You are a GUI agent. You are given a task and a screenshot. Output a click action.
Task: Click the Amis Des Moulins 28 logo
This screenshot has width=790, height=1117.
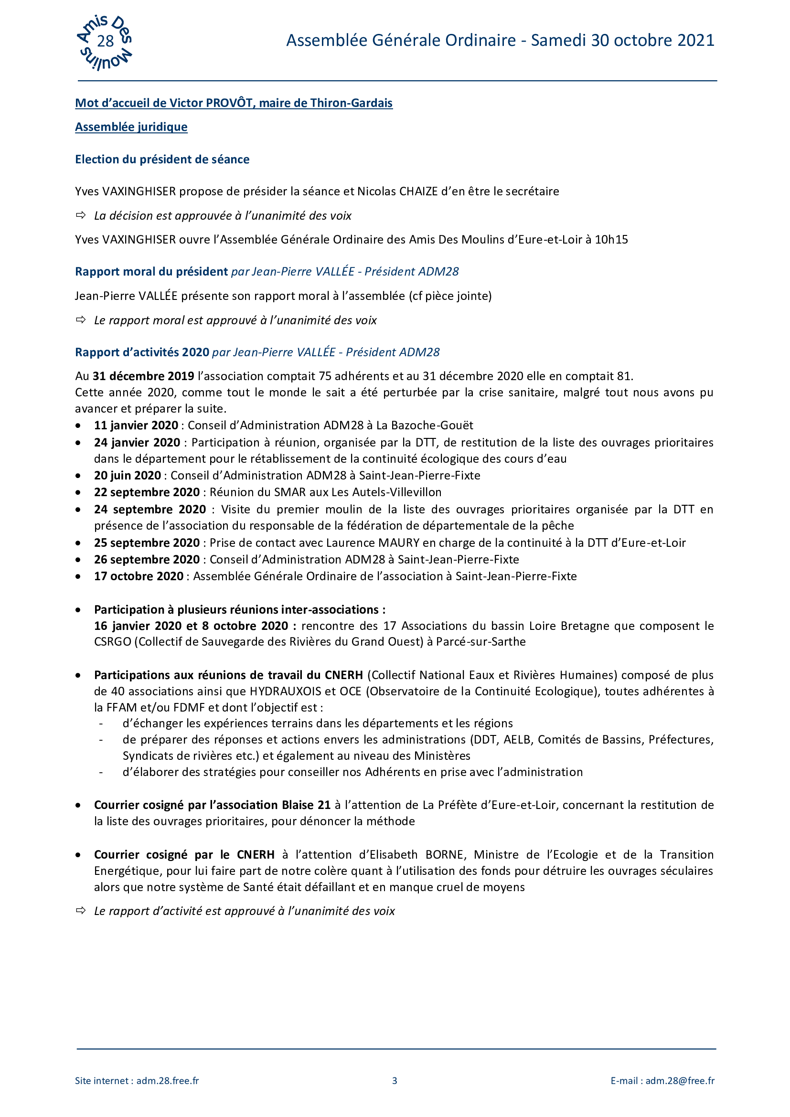point(105,43)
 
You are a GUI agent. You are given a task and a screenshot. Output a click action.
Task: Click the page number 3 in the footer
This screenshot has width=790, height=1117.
point(395,1081)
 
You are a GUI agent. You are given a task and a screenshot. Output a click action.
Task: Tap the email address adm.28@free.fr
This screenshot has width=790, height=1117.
point(680,1081)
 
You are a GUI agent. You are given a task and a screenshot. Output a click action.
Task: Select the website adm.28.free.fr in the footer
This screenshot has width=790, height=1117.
point(167,1081)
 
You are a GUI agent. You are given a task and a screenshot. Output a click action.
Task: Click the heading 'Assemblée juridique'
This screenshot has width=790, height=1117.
point(131,127)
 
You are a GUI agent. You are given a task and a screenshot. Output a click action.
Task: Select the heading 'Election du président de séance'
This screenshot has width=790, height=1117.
point(162,160)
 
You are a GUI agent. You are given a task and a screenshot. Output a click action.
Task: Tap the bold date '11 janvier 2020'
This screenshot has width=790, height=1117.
point(136,425)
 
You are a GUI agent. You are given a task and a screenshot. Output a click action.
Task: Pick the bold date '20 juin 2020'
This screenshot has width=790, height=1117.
point(128,475)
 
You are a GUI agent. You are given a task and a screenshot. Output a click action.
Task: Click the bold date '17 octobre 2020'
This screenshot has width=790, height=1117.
point(139,576)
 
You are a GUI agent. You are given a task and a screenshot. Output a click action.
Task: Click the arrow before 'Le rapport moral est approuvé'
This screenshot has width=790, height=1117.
point(81,319)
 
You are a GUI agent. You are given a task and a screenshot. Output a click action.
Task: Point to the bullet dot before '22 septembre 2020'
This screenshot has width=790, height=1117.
point(78,492)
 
